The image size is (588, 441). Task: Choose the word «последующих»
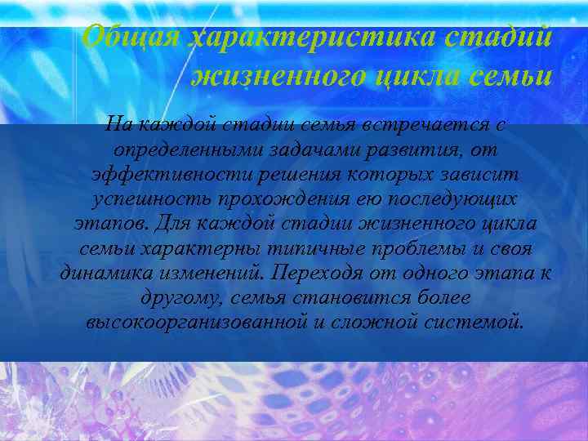(x=457, y=201)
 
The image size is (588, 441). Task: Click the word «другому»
(x=180, y=296)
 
